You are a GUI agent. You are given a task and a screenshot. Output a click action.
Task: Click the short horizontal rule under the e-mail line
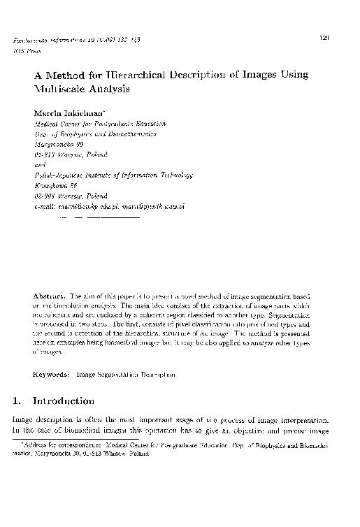[97, 217]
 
